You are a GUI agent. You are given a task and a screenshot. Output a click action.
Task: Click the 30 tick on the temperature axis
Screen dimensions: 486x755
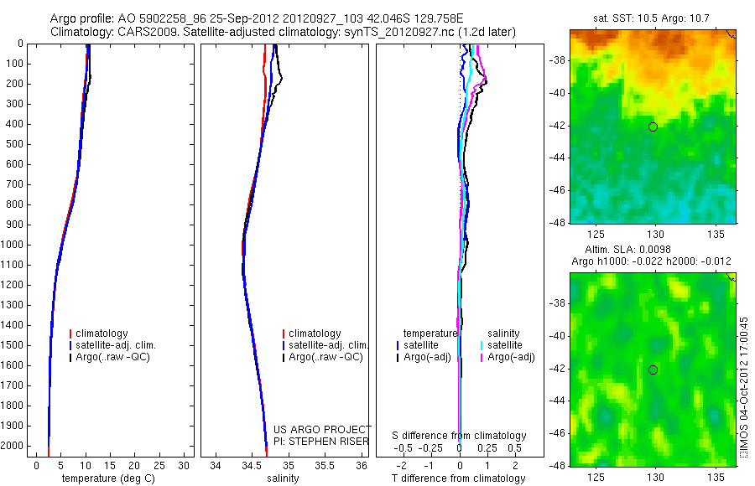pyautogui.click(x=185, y=465)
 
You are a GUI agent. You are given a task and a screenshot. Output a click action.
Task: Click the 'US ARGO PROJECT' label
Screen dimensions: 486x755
pyautogui.click(x=321, y=429)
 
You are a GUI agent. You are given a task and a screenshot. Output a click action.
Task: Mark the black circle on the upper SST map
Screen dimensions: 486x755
pyautogui.click(x=653, y=127)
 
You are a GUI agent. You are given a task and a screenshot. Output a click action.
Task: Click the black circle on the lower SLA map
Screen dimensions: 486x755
pyautogui.click(x=653, y=370)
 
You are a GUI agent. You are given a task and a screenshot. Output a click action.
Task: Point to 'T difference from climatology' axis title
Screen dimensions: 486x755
pyautogui.click(x=459, y=478)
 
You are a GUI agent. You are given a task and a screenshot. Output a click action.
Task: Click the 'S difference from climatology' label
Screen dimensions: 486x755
pyautogui.click(x=460, y=436)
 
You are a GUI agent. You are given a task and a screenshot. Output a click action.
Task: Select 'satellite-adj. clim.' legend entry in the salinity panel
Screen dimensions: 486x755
pyautogui.click(x=328, y=345)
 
